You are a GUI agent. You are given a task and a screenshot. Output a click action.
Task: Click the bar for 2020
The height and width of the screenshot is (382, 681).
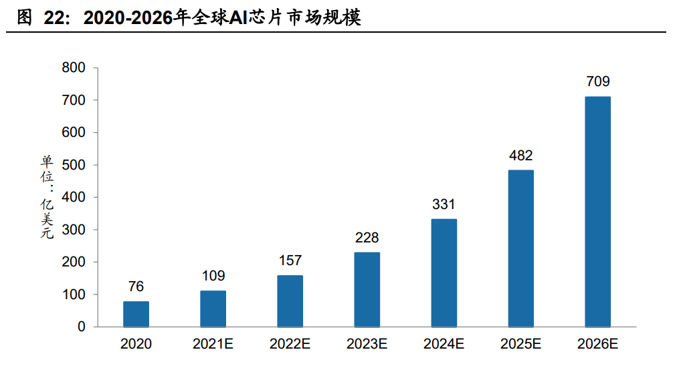click(x=136, y=314)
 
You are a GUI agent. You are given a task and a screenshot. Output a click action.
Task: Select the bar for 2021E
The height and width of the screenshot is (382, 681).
click(x=213, y=309)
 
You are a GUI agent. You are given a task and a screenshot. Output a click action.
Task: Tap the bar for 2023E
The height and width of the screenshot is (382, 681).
click(x=367, y=289)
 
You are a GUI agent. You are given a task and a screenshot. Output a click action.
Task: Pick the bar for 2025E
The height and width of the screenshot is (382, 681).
click(x=520, y=248)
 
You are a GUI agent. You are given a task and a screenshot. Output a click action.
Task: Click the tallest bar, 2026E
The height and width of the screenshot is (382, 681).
click(x=597, y=212)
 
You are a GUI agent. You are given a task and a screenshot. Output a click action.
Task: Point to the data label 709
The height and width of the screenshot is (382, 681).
click(x=597, y=82)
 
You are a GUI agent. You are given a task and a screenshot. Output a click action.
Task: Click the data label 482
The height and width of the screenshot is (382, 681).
click(x=520, y=156)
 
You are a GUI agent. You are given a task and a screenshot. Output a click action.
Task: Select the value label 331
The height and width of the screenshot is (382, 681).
click(x=444, y=205)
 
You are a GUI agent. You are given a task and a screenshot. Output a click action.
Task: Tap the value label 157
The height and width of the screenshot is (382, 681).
click(x=290, y=260)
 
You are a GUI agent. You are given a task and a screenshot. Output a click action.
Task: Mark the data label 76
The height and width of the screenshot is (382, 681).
click(x=136, y=286)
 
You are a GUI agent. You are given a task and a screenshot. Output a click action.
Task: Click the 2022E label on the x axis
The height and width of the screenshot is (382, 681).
click(x=290, y=345)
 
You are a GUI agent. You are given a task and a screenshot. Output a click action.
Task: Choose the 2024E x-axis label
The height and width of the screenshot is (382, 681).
click(x=444, y=345)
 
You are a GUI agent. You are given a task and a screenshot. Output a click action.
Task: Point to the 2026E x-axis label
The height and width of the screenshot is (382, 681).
click(x=597, y=345)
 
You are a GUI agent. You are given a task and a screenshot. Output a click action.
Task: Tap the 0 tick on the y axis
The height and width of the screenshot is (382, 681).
click(x=81, y=327)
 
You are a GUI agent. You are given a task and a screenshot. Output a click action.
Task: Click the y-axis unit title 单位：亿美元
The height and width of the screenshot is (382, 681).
click(x=47, y=197)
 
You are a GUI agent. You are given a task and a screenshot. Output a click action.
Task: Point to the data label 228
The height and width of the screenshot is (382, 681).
click(x=367, y=238)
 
